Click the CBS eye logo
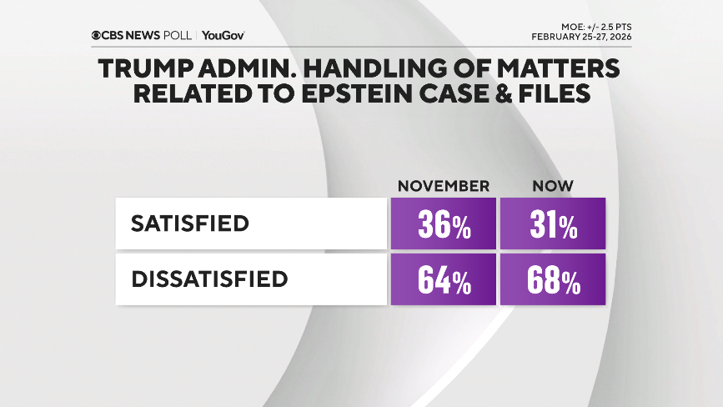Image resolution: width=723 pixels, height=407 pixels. point(97,35)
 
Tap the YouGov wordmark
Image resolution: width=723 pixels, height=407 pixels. point(223,35)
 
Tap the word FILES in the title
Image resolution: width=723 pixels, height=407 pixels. point(551,93)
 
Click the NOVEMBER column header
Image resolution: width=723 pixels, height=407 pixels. point(443,185)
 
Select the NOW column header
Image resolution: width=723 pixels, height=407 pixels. point(552,185)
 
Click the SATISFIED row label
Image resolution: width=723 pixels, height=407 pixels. point(190,224)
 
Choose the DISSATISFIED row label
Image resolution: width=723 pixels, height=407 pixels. point(209,279)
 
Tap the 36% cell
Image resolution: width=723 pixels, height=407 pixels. point(443,224)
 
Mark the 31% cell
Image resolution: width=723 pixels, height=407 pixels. point(552,224)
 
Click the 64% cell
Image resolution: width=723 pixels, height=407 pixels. point(443,279)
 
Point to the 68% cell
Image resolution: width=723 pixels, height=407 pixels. point(552,279)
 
